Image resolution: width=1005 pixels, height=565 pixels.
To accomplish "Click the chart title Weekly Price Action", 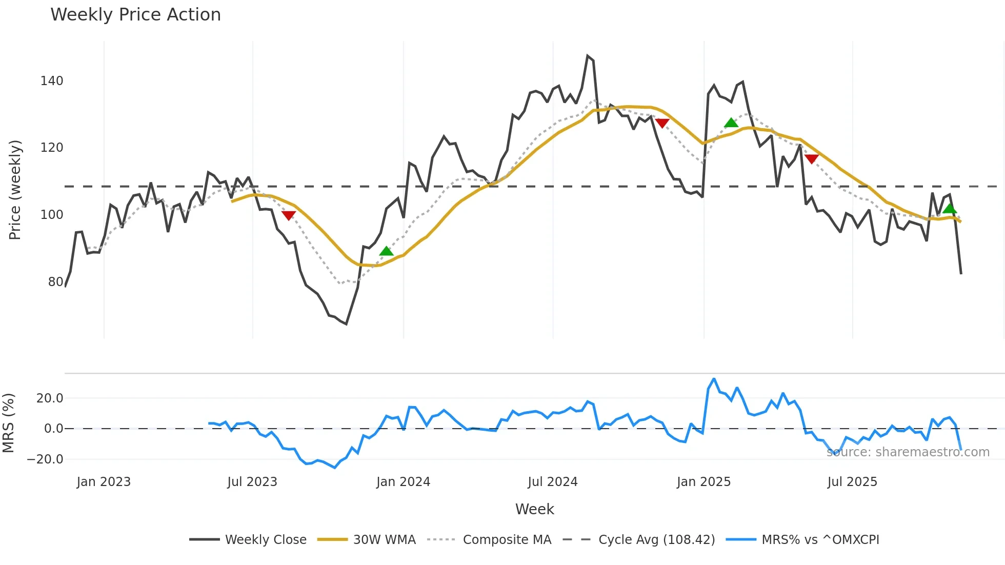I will pyautogui.click(x=135, y=15).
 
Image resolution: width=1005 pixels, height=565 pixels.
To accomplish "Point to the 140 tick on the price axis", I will pyautogui.click(x=52, y=81).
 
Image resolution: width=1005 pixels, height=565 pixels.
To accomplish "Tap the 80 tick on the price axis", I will pyautogui.click(x=55, y=282).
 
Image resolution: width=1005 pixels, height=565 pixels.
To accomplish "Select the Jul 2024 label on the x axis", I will pyautogui.click(x=552, y=482).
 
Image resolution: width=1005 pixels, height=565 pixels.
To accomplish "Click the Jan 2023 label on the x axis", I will pyautogui.click(x=104, y=482).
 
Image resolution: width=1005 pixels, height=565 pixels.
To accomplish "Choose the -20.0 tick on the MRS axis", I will pyautogui.click(x=45, y=459).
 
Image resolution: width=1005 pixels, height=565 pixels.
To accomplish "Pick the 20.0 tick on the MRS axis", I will pyautogui.click(x=50, y=398).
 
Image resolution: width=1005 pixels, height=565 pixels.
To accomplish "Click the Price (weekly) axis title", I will pyautogui.click(x=15, y=190).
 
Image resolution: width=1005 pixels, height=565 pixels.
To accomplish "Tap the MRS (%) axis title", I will pyautogui.click(x=8, y=423).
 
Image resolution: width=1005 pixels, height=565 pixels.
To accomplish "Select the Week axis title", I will pyautogui.click(x=534, y=509).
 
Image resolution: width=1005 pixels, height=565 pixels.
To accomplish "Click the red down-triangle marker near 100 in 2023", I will pyautogui.click(x=289, y=215).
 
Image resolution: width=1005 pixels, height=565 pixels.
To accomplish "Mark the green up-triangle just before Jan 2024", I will pyautogui.click(x=386, y=251).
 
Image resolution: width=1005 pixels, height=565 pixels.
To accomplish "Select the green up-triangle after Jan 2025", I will pyautogui.click(x=731, y=123).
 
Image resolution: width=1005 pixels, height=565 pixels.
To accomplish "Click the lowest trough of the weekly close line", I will pyautogui.click(x=347, y=324).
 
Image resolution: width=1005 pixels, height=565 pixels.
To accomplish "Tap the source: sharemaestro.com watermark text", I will pyautogui.click(x=908, y=452).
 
